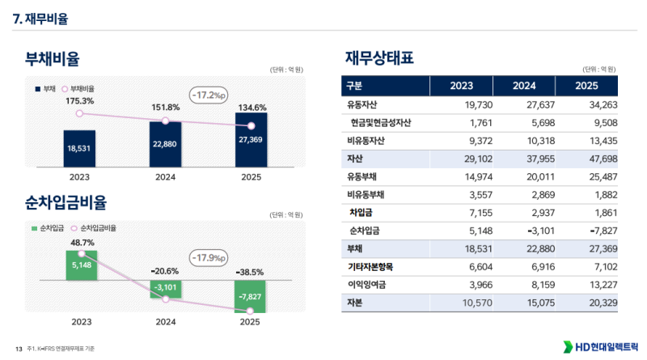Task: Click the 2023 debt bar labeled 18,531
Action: tap(79, 148)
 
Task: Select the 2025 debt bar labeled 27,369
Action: tap(252, 138)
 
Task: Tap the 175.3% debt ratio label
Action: tap(79, 101)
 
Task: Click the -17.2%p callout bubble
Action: tap(209, 95)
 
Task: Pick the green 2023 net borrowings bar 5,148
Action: tap(81, 265)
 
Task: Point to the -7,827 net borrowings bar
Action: tap(251, 296)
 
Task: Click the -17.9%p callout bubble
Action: tap(209, 258)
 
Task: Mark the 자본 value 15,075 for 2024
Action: tap(532, 302)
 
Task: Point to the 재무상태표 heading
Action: tap(379, 58)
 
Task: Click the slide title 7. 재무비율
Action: tap(40, 18)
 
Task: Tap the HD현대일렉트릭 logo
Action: tap(598, 346)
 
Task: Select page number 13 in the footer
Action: tap(18, 348)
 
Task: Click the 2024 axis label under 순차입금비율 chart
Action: tap(166, 321)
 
